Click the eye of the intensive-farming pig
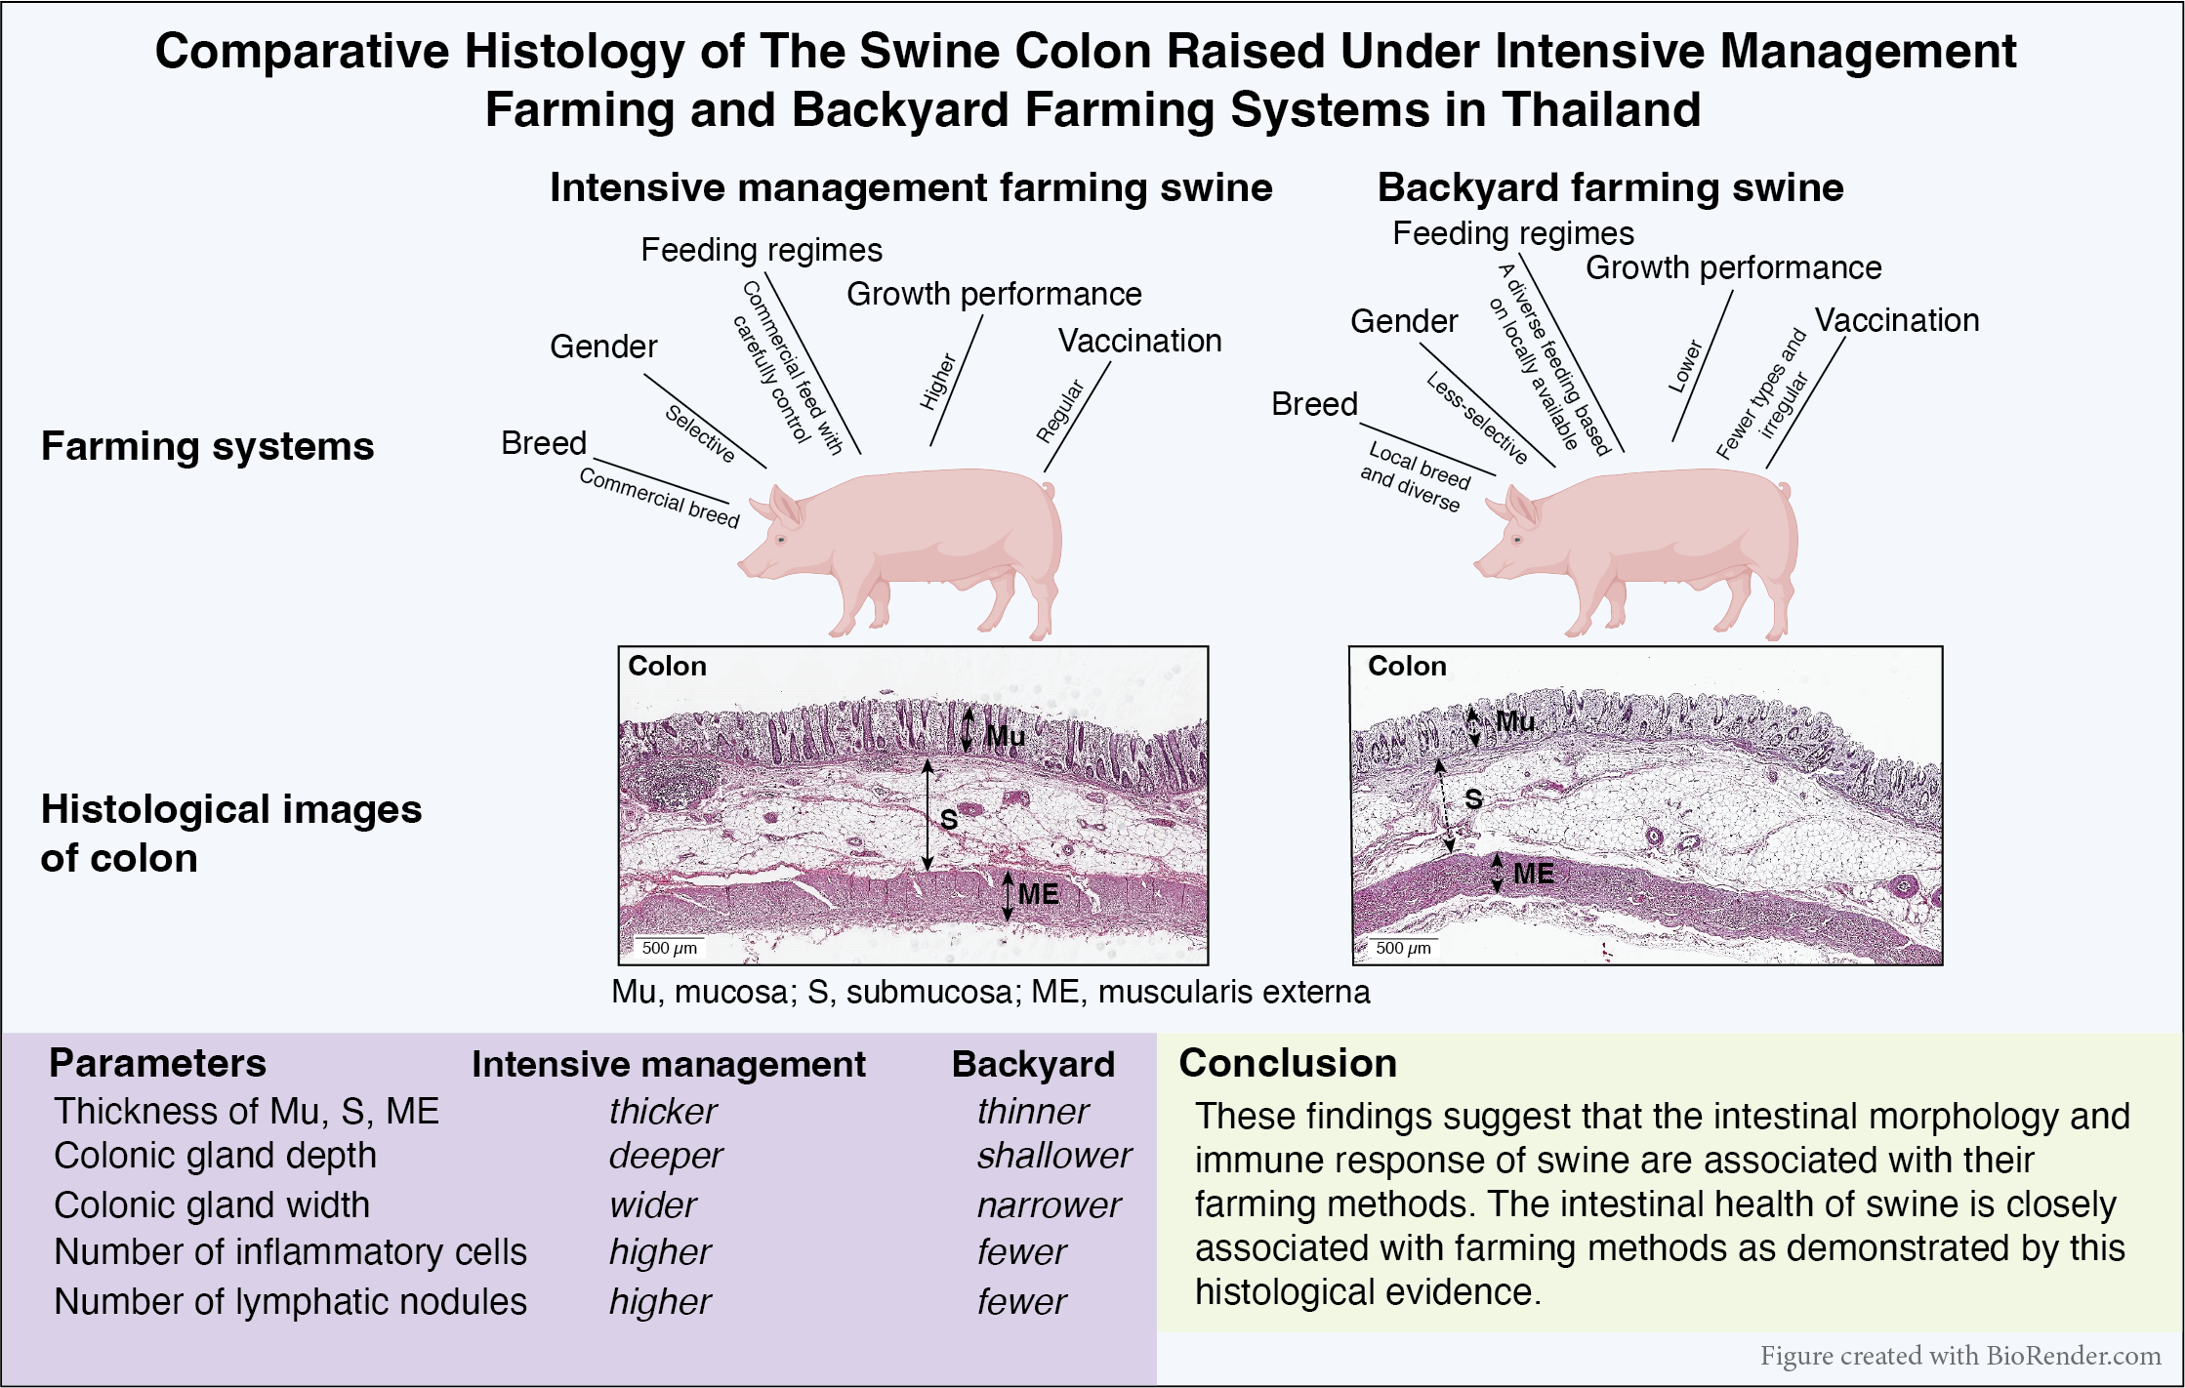[x=781, y=539]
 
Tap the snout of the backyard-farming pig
[x=1480, y=565]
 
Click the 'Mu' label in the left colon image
[x=1005, y=736]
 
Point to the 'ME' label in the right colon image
[x=1533, y=874]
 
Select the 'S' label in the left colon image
[x=948, y=820]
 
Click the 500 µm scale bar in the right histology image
[x=1403, y=948]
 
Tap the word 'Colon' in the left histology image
[x=667, y=666]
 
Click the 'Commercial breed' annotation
[x=659, y=497]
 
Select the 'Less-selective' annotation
[x=1477, y=418]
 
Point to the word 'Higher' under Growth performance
[x=938, y=382]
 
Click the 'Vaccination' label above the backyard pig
[x=1896, y=320]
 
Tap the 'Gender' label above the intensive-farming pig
[x=603, y=347]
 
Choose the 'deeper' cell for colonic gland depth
[x=665, y=1156]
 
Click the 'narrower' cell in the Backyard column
[x=1049, y=1205]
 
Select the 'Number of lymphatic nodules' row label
[x=290, y=1302]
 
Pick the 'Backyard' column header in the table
[x=1033, y=1064]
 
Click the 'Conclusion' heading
[x=1288, y=1063]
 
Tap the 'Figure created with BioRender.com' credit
[x=1959, y=1356]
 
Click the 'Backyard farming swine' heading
[x=1610, y=187]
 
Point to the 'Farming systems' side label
[x=207, y=446]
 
